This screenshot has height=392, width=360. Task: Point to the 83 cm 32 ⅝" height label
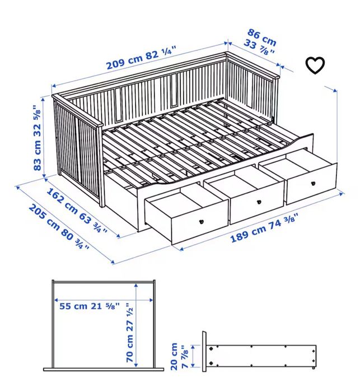pos(38,137)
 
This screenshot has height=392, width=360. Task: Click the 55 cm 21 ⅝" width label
pos(89,306)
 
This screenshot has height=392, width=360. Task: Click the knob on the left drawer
pos(201,221)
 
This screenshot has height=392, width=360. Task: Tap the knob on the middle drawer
pos(259,202)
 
